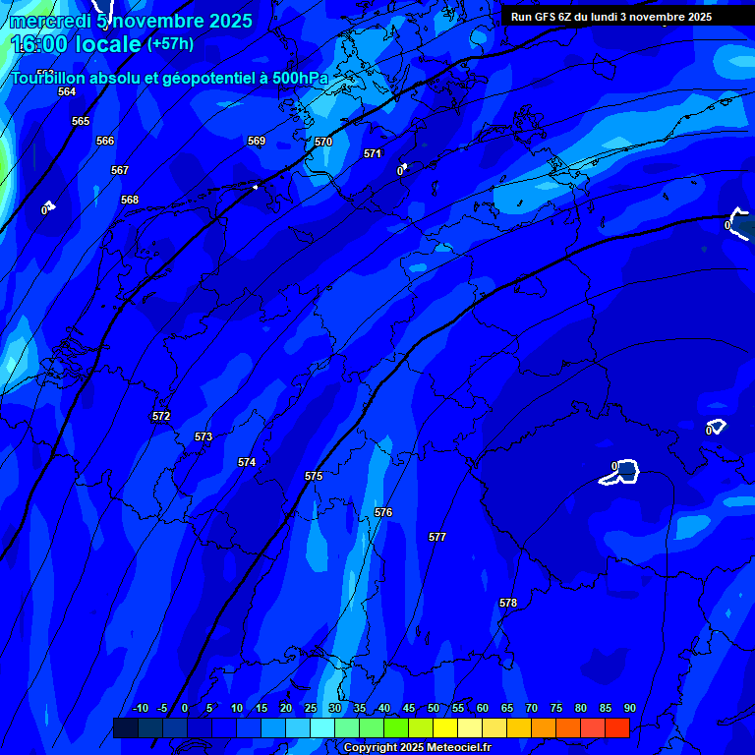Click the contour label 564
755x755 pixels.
click(67, 91)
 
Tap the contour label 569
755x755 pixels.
click(257, 141)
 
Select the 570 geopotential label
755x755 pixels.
click(323, 142)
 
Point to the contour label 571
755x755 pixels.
click(373, 153)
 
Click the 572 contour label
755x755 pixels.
click(161, 416)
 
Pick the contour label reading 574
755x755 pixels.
click(247, 462)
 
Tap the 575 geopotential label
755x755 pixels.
click(314, 476)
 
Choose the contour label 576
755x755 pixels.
click(383, 512)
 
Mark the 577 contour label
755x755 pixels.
click(437, 537)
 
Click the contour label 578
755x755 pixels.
click(508, 603)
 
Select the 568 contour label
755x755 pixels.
click(130, 200)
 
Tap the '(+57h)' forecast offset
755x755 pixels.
click(170, 44)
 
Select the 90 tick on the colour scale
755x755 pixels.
click(629, 708)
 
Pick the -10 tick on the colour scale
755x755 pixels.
click(140, 708)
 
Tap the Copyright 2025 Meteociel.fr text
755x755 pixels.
click(417, 747)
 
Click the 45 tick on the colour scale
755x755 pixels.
click(409, 708)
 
